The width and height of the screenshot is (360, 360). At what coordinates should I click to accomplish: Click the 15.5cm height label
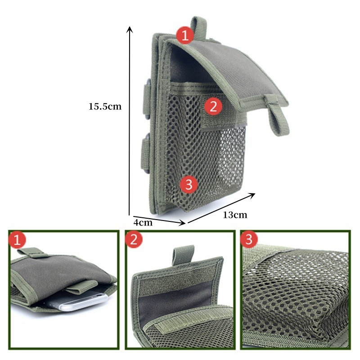coord(105,107)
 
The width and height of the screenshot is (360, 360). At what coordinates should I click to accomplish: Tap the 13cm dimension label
coord(235,215)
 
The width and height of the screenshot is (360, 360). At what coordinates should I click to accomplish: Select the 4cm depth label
coord(143,222)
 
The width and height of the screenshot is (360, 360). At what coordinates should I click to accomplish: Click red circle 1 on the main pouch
coord(185,35)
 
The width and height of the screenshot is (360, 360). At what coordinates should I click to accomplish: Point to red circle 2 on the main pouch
coord(213,106)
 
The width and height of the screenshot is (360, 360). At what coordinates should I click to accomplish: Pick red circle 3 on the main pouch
coord(189,184)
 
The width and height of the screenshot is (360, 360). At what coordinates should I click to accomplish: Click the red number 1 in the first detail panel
coord(17,240)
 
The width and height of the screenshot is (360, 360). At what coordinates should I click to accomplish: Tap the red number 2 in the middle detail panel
coord(134,239)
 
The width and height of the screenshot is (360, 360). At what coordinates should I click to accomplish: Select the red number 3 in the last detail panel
coord(249,239)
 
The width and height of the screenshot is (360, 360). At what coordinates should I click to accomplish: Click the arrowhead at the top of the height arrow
coord(130,29)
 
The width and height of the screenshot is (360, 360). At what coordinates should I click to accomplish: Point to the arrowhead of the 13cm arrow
coord(252,195)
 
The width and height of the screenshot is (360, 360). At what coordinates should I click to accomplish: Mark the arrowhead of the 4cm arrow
coord(182,222)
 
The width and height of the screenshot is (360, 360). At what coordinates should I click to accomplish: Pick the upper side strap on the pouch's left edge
coord(147,99)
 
